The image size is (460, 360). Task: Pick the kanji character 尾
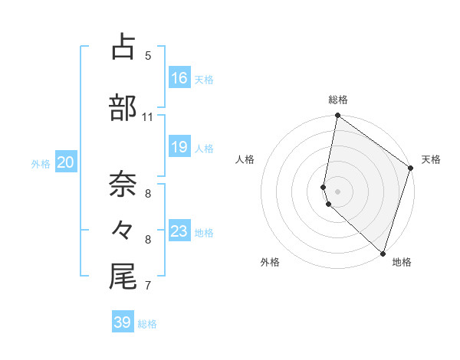coord(123,277)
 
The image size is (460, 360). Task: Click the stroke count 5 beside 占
coord(148,56)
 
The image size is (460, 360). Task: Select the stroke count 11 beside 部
coord(148,117)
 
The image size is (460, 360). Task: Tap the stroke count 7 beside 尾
coord(148,286)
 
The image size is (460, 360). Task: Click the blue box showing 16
coord(179,77)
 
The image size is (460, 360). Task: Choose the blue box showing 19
coord(179,146)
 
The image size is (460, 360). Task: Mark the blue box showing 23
coord(179,231)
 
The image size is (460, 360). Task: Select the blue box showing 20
coord(66,162)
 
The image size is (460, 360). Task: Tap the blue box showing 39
coord(123,322)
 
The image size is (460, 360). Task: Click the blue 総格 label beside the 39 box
coord(148,324)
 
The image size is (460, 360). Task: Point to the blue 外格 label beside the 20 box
coord(41,163)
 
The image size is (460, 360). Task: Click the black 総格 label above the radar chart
coord(338,100)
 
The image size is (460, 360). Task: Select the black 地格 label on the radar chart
coord(402,262)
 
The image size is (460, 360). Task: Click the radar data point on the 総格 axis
coord(338,116)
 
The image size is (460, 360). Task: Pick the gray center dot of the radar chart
coord(338,191)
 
